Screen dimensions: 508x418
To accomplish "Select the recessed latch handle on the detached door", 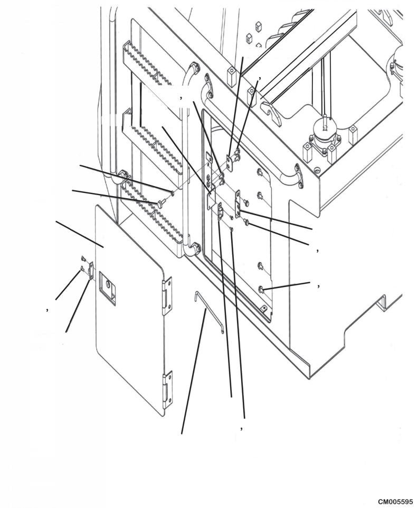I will (x=107, y=285).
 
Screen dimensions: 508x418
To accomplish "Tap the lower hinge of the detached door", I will (x=167, y=390).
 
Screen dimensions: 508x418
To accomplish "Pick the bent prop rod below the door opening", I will (x=208, y=312).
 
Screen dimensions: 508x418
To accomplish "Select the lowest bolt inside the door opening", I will (x=262, y=288).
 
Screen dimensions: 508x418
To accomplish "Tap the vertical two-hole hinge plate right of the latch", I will (x=238, y=203).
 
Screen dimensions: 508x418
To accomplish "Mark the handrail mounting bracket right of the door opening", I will (x=299, y=176).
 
